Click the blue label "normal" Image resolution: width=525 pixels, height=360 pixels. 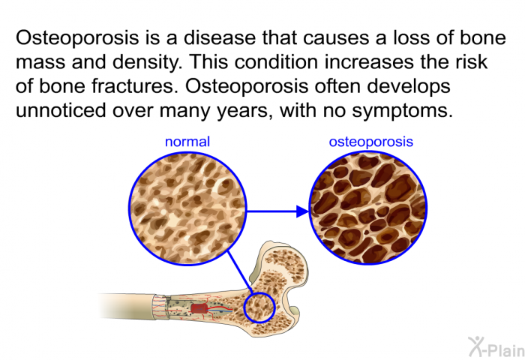point(187,142)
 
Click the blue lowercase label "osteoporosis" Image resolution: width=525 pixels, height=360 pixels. point(371,142)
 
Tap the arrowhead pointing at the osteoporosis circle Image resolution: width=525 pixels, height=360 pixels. point(302,211)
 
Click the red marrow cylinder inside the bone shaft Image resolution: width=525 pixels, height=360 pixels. point(199,309)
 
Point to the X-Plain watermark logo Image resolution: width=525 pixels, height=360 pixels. point(496,347)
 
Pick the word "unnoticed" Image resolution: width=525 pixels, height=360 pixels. point(61,110)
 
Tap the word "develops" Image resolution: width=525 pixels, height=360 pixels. point(409,87)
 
